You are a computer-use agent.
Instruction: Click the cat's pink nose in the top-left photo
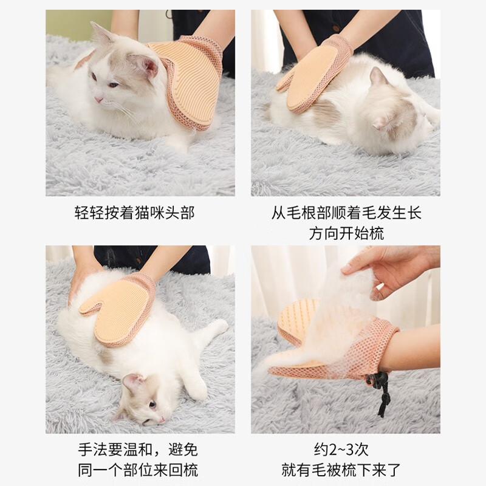tap(98, 100)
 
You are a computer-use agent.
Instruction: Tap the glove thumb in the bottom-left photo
tap(90, 307)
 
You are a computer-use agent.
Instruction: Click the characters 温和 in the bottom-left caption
tap(138, 450)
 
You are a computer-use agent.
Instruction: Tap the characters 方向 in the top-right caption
tap(324, 233)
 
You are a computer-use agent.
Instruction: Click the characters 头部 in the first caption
tap(179, 213)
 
